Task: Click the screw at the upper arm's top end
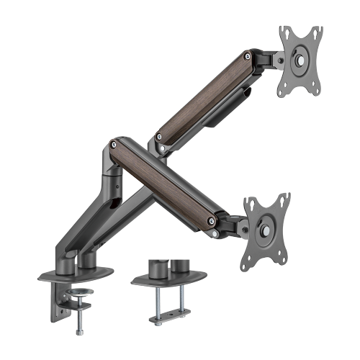(248, 55)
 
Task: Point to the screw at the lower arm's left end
(113, 143)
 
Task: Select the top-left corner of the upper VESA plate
(282, 32)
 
